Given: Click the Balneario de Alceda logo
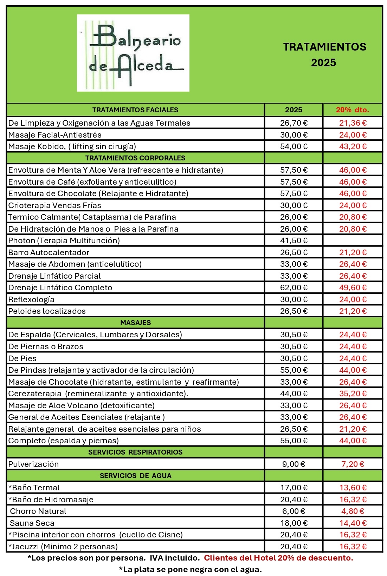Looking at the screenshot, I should pyautogui.click(x=133, y=53).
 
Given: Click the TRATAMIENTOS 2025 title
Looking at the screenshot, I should pyautogui.click(x=324, y=55).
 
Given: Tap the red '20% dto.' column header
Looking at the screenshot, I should pyautogui.click(x=352, y=110).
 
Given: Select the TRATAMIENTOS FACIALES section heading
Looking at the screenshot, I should pyautogui.click(x=135, y=110).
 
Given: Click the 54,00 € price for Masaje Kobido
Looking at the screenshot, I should pyautogui.click(x=294, y=146).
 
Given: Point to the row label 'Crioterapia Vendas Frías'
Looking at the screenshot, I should pyautogui.click(x=54, y=205).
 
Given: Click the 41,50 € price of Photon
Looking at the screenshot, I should pyautogui.click(x=294, y=240).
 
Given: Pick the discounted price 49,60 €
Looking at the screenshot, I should pyautogui.click(x=353, y=287).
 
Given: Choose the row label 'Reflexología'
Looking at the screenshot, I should pyautogui.click(x=31, y=299).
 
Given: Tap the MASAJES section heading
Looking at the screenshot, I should pyautogui.click(x=135, y=323).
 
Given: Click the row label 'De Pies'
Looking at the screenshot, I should pyautogui.click(x=22, y=358).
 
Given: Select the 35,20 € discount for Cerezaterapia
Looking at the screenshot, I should pyautogui.click(x=353, y=393).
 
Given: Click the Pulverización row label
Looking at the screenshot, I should pyautogui.click(x=33, y=464).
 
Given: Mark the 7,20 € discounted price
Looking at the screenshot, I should pyautogui.click(x=353, y=464).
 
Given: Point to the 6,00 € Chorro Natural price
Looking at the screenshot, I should pyautogui.click(x=294, y=511).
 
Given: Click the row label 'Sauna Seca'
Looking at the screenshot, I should pyautogui.click(x=32, y=523).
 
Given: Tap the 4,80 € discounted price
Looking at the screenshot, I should pyautogui.click(x=353, y=511).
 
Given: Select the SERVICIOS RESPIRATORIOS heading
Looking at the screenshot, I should pyautogui.click(x=135, y=452).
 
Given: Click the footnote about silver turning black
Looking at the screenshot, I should pyautogui.click(x=190, y=569).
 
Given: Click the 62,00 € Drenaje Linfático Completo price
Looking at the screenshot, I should pyautogui.click(x=294, y=287).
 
